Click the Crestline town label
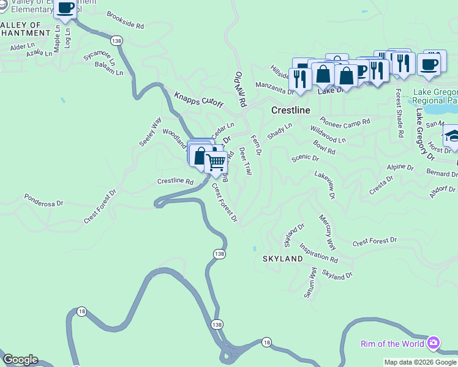coord(290,110)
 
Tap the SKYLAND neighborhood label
coord(283,259)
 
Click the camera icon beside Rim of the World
coord(434,342)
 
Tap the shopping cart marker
coord(216,163)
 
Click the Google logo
coord(20,360)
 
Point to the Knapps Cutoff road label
coord(198,101)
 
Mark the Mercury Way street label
coord(328,232)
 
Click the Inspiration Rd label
coord(318,253)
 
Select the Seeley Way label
coord(149,131)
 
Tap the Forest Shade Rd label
coord(399,113)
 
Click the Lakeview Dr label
coord(325,185)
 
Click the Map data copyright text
coord(420,362)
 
